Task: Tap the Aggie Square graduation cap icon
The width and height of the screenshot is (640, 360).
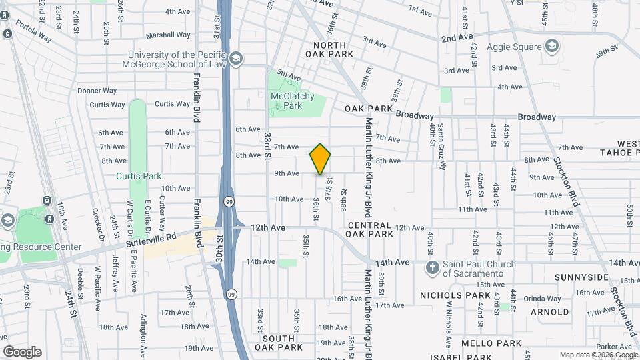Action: coord(552,46)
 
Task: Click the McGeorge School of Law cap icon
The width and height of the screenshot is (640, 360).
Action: coord(235,59)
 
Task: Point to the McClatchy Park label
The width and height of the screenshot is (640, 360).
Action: coord(292,101)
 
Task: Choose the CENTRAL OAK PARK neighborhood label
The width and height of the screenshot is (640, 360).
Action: coord(370,230)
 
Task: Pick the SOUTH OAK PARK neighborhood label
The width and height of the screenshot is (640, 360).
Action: coord(279,343)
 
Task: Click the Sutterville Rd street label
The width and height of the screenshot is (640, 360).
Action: coord(153,235)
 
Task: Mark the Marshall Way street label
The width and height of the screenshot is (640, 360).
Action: coord(168,35)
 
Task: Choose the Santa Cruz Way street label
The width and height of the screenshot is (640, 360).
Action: coord(441,141)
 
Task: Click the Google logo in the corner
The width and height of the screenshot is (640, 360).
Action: coord(22,352)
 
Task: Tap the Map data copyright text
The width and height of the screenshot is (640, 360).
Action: coord(597,355)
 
